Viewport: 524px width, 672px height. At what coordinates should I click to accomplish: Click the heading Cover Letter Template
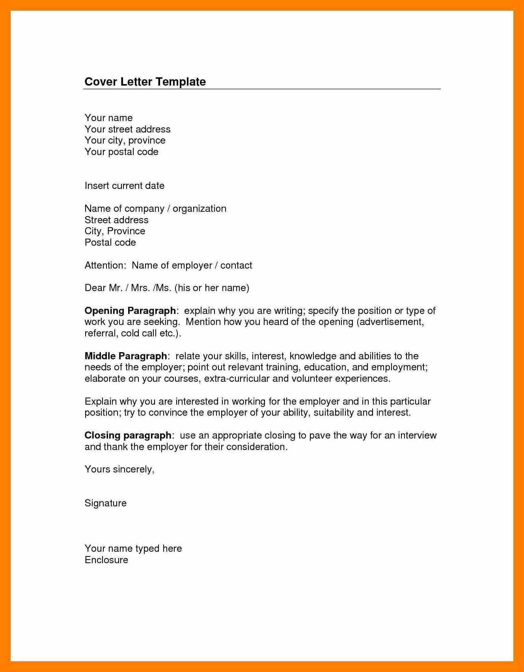pos(145,82)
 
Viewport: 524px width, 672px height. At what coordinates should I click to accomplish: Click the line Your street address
pos(127,129)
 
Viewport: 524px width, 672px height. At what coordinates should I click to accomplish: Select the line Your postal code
pos(121,152)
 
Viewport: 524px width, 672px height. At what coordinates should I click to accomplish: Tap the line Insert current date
pos(124,186)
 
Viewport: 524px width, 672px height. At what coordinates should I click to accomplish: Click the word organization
pos(200,209)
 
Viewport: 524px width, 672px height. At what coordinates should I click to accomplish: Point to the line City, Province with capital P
pos(115,231)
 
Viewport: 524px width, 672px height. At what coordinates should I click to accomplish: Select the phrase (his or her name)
pos(212,288)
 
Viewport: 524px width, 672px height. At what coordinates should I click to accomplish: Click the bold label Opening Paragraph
pos(130,311)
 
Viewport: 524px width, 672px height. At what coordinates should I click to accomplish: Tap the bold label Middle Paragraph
pos(126,356)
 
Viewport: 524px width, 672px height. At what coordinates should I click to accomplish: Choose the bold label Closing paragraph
pos(128,435)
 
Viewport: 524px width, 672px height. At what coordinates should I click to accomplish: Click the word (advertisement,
pos(390,322)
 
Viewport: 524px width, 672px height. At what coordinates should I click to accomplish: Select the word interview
pos(417,435)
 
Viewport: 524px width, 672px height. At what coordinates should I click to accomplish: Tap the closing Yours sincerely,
pos(119,469)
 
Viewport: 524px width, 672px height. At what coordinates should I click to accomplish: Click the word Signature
pos(105,503)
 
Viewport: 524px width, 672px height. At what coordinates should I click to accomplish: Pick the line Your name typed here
pos(133,549)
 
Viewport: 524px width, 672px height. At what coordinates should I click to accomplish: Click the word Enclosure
pos(106,560)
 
